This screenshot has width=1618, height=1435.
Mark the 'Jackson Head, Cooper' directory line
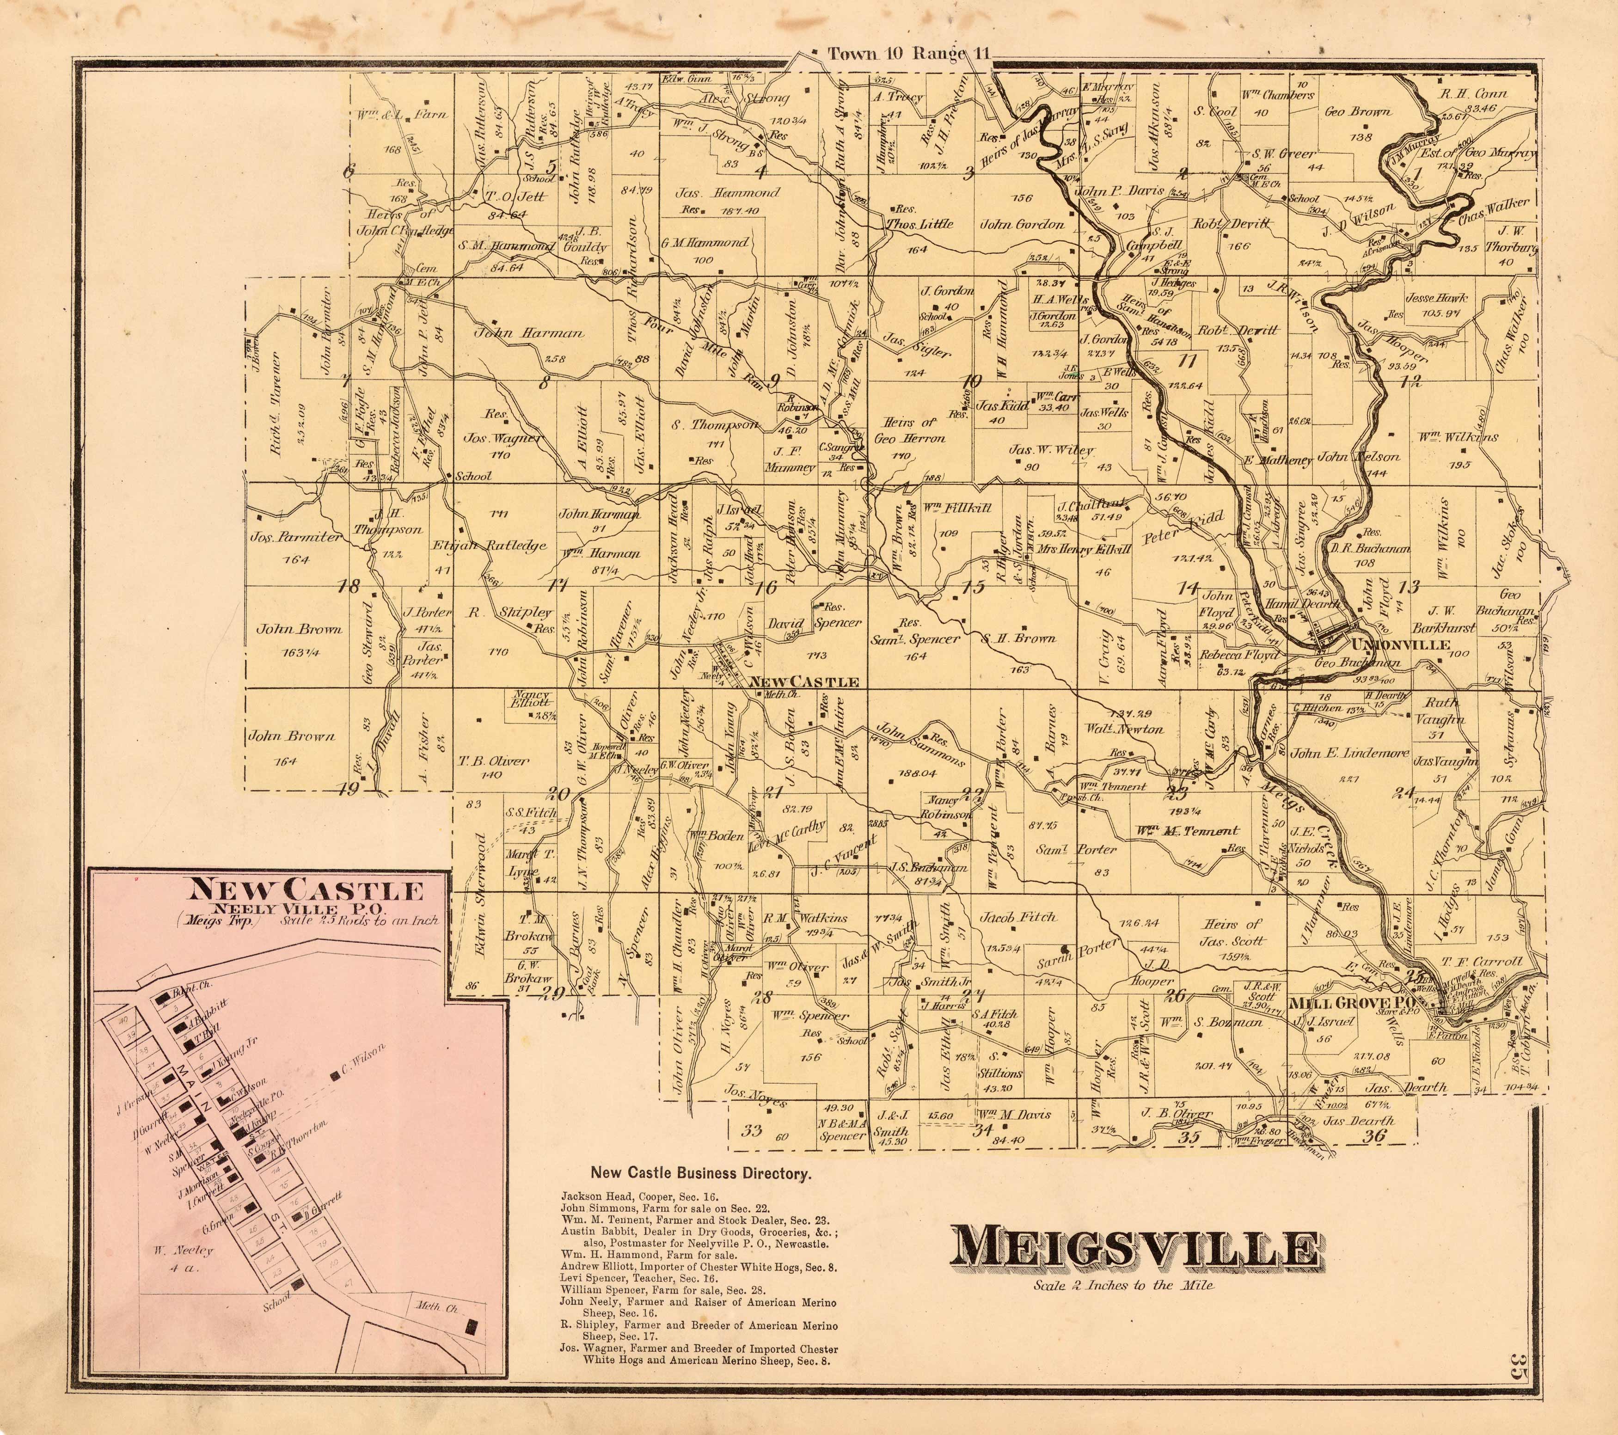click(640, 1197)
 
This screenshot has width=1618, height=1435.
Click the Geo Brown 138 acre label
click(1358, 111)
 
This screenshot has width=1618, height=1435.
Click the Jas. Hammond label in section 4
click(727, 192)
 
